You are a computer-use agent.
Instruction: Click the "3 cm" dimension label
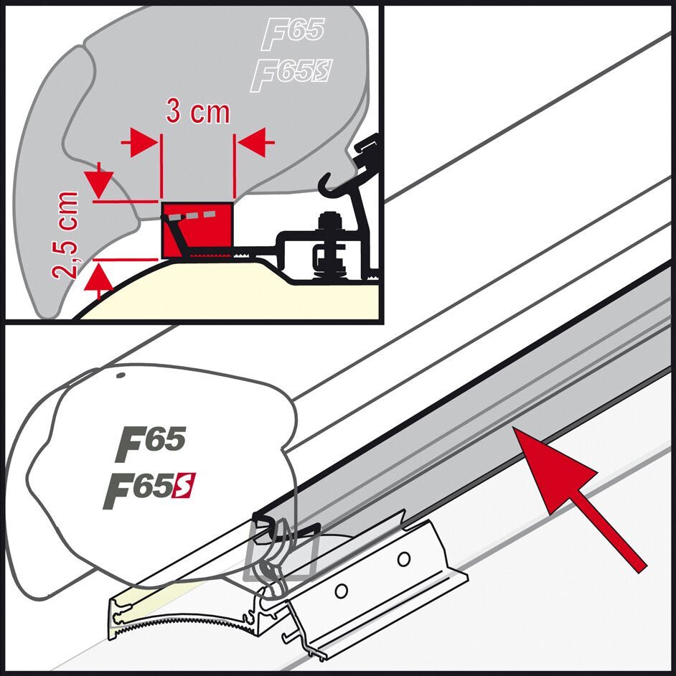[x=197, y=113]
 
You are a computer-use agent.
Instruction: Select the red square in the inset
[x=198, y=230]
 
